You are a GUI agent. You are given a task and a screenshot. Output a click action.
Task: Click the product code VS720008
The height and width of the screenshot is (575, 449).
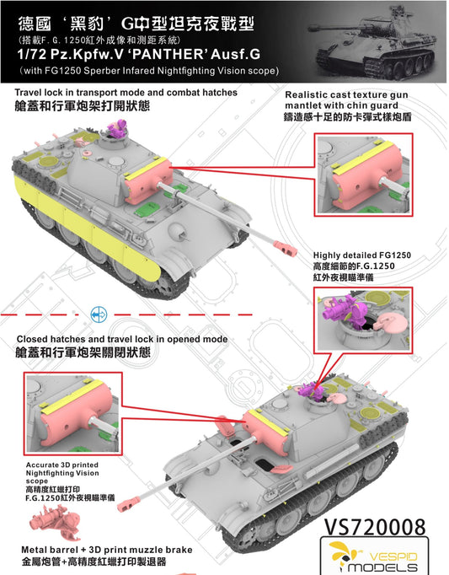coord(375,527)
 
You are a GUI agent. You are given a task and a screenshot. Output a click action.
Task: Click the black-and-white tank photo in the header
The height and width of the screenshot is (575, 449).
coord(374,41)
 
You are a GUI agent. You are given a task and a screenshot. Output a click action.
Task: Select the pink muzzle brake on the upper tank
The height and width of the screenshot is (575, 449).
coord(286,248)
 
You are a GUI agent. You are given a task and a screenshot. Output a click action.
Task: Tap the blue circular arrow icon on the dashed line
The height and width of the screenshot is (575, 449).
coord(99,314)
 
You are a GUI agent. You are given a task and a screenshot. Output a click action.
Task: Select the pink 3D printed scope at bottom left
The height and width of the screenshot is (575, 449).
coord(55,522)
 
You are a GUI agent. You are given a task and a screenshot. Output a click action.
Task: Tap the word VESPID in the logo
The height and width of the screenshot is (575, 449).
coord(393,556)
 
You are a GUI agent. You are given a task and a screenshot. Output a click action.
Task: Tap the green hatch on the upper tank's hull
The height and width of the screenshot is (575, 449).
coord(147,209)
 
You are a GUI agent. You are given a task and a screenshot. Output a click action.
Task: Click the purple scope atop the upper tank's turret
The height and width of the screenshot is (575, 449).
coord(117,129)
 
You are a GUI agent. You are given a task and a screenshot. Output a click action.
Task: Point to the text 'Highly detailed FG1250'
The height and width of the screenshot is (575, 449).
coord(361,255)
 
